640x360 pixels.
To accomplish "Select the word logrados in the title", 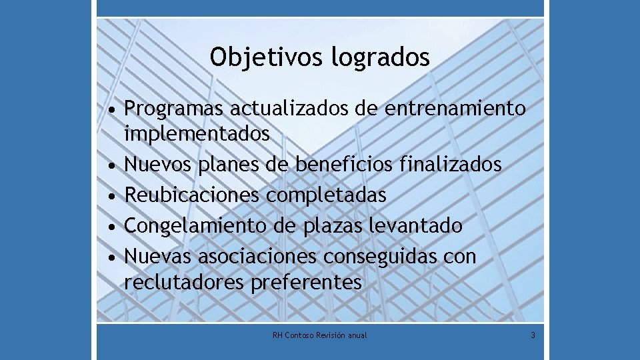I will click(x=380, y=57).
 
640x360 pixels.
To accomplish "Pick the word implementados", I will click(x=197, y=134).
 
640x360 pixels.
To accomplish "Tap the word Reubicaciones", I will click(x=193, y=195).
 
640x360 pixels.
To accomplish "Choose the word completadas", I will click(x=327, y=195).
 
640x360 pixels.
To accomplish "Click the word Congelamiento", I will click(x=196, y=226).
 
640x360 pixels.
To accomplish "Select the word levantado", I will click(x=415, y=226).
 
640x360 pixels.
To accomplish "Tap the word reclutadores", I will click(x=185, y=283).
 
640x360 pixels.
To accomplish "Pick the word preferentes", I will click(x=307, y=283).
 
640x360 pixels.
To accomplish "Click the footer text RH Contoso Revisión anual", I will click(x=320, y=335).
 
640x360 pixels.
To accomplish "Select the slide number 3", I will click(x=533, y=335).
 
